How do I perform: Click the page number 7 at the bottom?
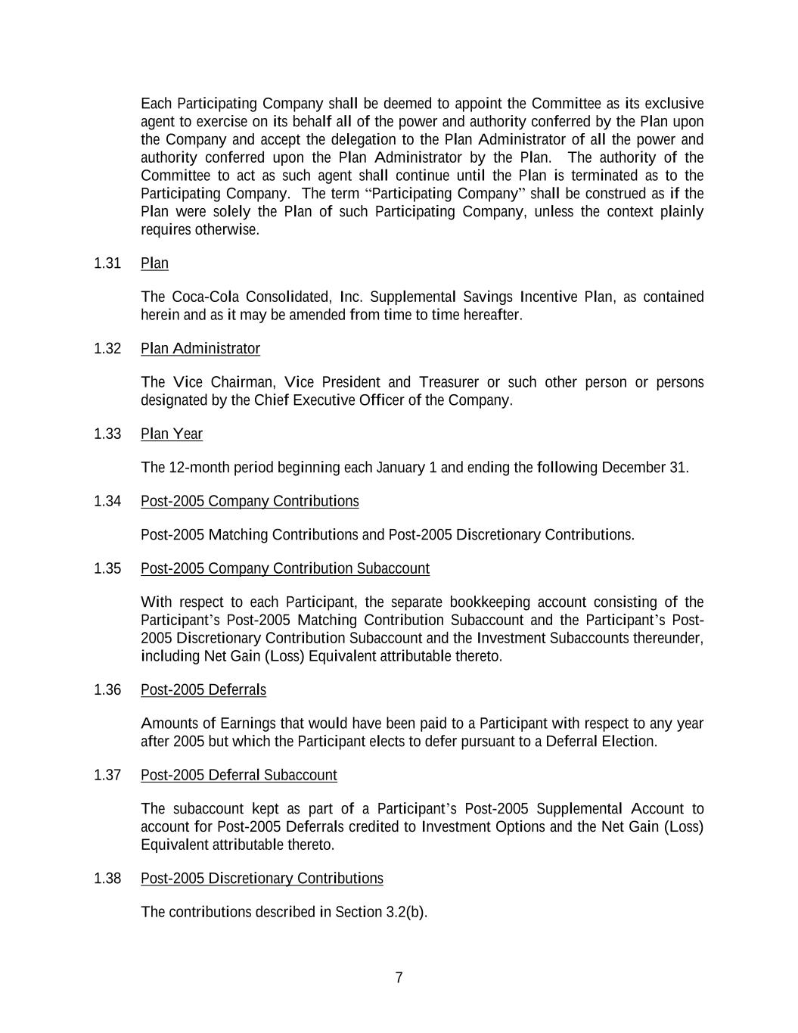[399, 978]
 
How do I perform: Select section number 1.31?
[107, 263]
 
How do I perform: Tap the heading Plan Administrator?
[200, 349]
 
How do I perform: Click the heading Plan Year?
[172, 434]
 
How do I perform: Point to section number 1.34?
[107, 502]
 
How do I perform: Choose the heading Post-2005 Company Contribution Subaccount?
[285, 569]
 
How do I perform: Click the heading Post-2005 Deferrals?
[203, 690]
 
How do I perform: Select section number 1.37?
[107, 776]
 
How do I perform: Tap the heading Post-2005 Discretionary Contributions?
[262, 879]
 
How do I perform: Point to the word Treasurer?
[449, 383]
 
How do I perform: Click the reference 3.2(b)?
[406, 913]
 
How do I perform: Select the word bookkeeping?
[490, 603]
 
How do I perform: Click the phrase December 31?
[644, 468]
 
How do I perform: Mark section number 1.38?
[107, 879]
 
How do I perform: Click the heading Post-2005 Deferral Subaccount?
[239, 776]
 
